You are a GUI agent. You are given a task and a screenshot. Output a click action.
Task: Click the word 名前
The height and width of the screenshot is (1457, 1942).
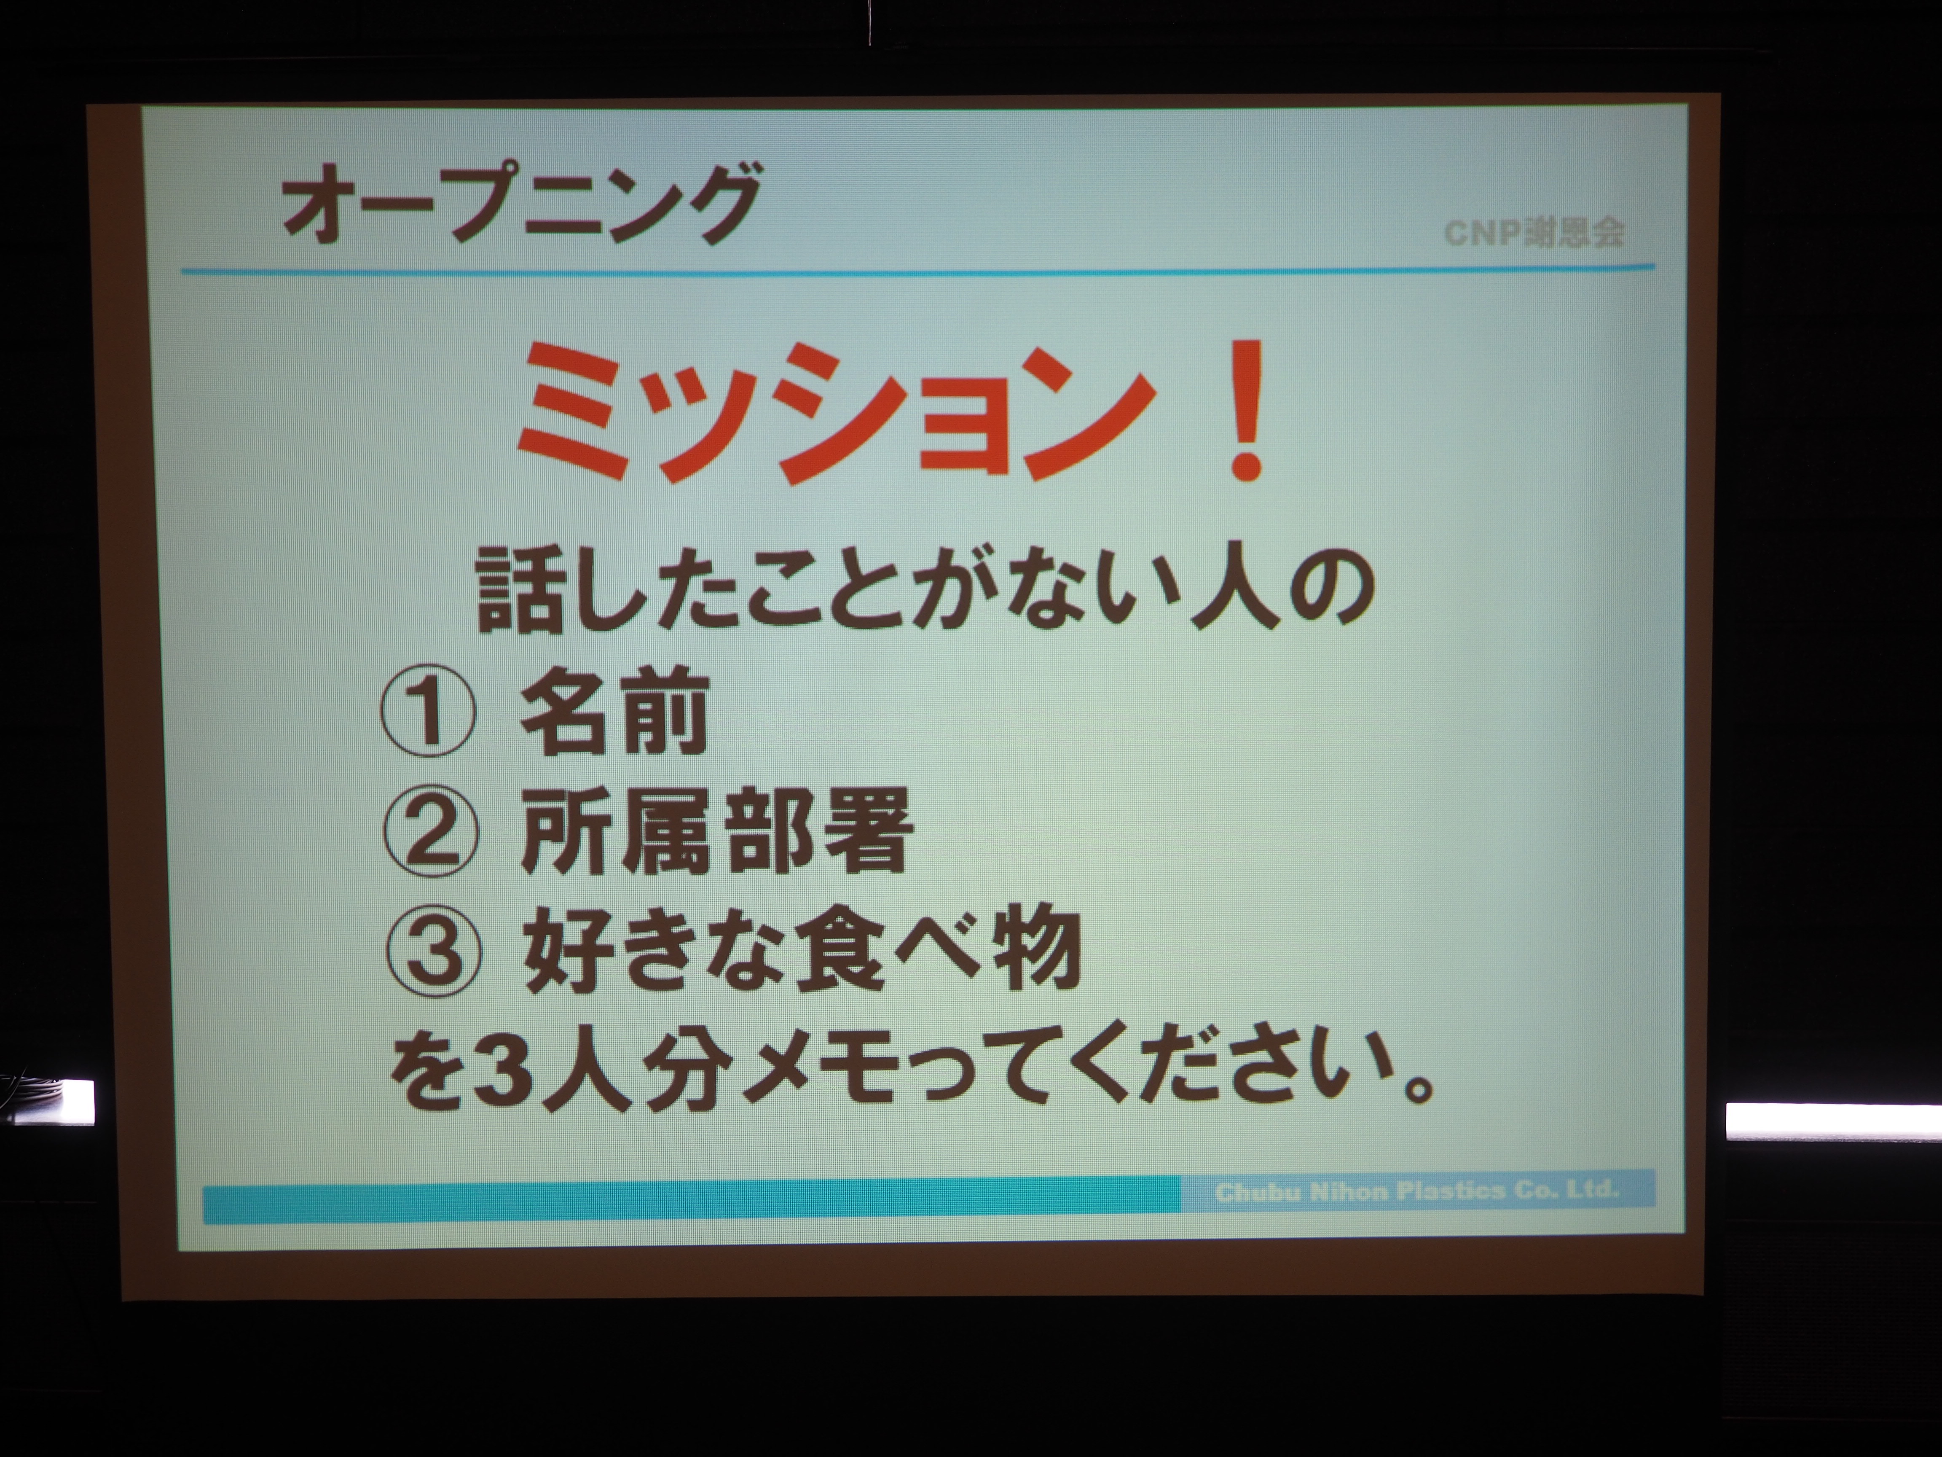tap(614, 710)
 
